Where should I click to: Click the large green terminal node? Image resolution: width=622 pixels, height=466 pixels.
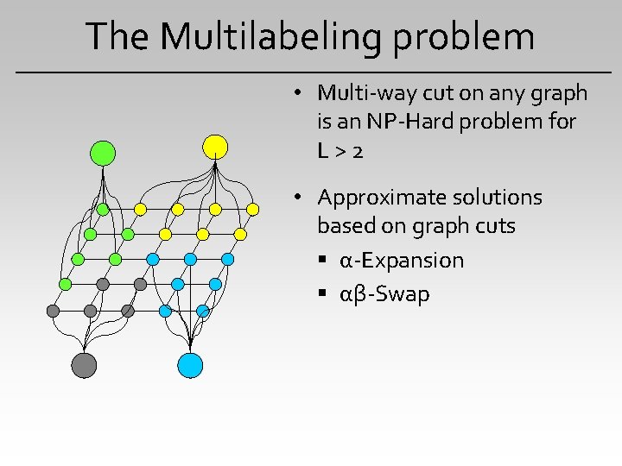pos(103,153)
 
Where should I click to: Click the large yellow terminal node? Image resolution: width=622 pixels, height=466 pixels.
pos(215,147)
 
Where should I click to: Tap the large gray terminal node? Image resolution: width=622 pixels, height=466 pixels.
pos(84,365)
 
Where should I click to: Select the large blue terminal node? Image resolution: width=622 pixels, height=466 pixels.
pos(190,365)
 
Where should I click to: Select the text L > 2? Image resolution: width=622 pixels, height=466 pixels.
pos(340,151)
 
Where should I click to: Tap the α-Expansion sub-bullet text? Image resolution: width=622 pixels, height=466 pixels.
pos(402,261)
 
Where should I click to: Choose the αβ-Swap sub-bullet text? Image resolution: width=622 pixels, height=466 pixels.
pos(384,294)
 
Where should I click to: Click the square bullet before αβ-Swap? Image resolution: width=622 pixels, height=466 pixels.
pos(321,295)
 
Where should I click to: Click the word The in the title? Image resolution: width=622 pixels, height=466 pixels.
pos(117,36)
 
